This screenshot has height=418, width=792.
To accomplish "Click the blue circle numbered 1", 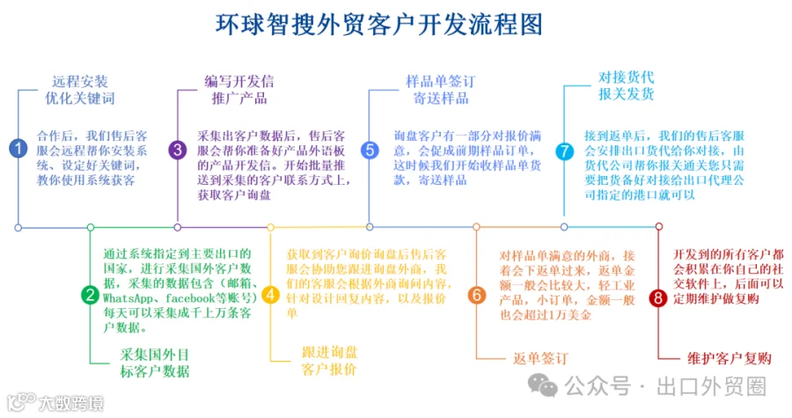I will click(x=18, y=149).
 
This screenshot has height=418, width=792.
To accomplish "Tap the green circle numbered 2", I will click(x=90, y=295).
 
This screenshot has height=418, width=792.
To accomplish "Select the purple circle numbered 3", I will click(x=178, y=150).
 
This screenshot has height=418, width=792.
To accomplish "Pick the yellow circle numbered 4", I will click(x=270, y=295).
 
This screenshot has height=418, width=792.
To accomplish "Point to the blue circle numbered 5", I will click(x=370, y=150).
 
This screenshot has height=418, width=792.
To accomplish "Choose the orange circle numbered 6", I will click(x=476, y=295).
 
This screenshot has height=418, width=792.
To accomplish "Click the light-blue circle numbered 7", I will click(x=564, y=150).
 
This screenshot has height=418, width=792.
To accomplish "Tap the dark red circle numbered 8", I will click(x=657, y=297).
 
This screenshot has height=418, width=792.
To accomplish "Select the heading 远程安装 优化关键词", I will click(x=79, y=90).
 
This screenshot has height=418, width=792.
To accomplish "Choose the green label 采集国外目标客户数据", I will click(x=154, y=363).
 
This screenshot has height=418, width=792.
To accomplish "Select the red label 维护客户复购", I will click(x=729, y=358).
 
